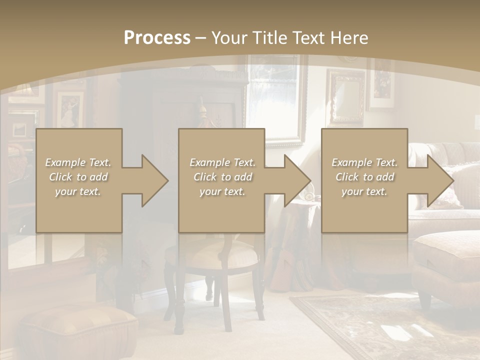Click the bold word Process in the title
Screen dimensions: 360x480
(157, 38)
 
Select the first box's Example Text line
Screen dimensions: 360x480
(78, 162)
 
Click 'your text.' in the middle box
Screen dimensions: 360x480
(222, 191)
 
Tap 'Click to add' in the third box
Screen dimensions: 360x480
(364, 177)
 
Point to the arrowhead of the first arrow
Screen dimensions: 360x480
(155, 180)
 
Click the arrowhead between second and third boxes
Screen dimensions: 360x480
(297, 180)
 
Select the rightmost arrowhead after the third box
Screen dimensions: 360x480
(440, 180)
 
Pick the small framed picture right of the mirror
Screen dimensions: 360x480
(381, 82)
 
